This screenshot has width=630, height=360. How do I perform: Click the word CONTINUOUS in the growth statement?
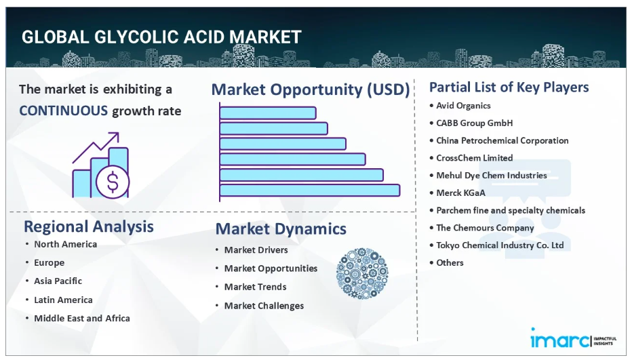coord(64,111)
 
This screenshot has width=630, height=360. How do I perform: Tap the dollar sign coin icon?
coord(113,182)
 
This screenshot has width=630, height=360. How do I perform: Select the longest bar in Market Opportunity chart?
coord(310,190)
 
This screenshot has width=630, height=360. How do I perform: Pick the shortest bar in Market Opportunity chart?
coord(268,113)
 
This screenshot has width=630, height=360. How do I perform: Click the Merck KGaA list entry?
coord(461,193)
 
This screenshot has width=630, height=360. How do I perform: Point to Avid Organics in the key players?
coord(463,106)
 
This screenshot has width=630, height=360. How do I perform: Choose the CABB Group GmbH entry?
coord(475,123)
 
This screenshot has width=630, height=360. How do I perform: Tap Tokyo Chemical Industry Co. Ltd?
coord(500,245)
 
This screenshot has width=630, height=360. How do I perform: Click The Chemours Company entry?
coord(485,228)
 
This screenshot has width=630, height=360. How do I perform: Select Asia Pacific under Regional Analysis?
coord(58,281)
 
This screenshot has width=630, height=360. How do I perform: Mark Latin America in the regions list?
coord(63,300)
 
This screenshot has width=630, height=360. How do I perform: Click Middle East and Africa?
coord(82,318)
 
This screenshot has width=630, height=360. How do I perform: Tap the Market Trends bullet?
coord(255,287)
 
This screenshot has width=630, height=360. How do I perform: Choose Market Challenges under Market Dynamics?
coord(264,306)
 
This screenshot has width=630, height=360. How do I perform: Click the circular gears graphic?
coord(362,273)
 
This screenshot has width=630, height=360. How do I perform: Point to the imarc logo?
coord(573,338)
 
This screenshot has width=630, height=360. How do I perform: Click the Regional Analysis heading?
coord(89,226)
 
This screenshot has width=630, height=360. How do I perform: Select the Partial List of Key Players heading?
coord(509,87)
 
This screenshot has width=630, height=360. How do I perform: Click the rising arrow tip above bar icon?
coord(119,133)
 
